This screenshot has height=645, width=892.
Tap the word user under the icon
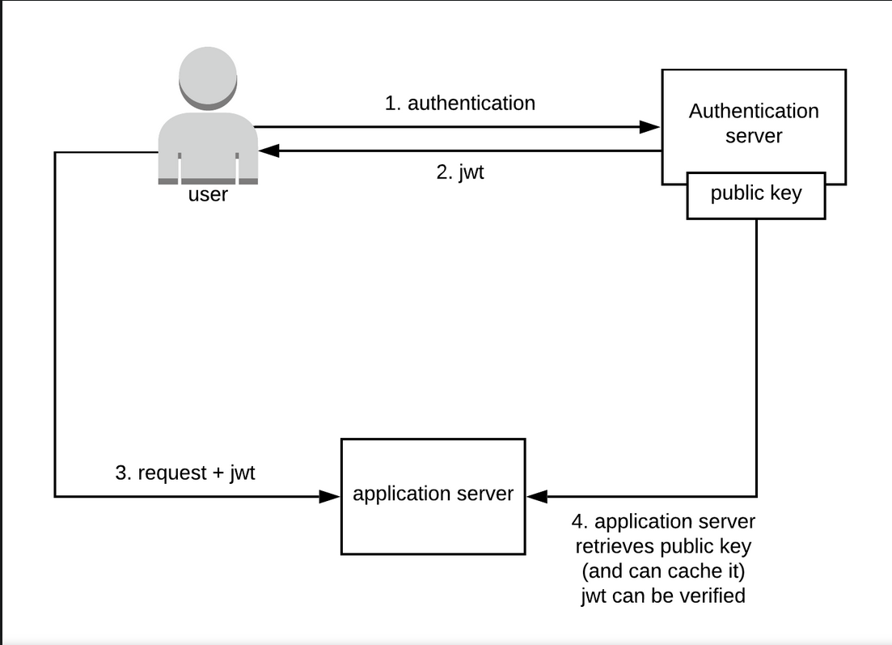[x=208, y=195]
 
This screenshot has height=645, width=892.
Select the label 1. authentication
[x=459, y=104]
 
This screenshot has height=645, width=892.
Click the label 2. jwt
[x=459, y=172]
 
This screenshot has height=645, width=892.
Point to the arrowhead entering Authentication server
[x=651, y=127]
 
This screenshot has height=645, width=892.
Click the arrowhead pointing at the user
[x=268, y=151]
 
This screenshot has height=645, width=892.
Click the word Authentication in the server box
[x=754, y=112]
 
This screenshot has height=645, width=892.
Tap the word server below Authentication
[x=754, y=136]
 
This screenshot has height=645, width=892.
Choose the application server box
[x=433, y=495]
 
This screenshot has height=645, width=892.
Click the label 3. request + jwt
[x=184, y=473]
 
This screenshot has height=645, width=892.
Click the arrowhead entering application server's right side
[x=536, y=495]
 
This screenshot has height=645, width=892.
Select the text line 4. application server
[x=663, y=522]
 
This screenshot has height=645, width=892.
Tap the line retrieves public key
[x=663, y=546]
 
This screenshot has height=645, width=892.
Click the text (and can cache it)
[x=663, y=571]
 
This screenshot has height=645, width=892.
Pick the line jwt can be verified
[x=663, y=596]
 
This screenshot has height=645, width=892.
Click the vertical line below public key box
[x=756, y=356]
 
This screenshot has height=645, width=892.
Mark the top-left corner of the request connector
[x=55, y=152]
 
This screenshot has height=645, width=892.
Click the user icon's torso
[x=208, y=146]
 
